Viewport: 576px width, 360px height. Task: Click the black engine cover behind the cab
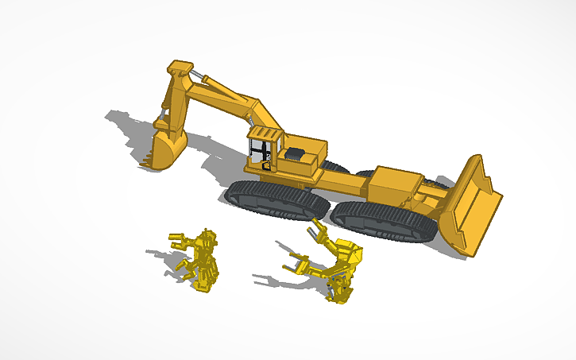point(295,152)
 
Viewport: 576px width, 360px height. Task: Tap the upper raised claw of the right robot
point(319,232)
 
